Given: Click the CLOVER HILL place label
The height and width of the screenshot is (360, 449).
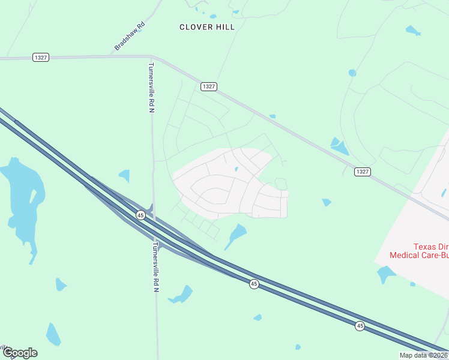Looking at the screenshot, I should (207, 27).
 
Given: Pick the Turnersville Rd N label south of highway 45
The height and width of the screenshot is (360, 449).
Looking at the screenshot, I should (155, 267).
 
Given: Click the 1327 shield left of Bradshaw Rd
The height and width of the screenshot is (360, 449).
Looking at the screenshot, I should (41, 57).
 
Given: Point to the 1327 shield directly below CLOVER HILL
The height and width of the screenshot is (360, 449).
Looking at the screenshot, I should (208, 86).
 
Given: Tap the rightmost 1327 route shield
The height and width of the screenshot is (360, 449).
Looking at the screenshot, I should (362, 172).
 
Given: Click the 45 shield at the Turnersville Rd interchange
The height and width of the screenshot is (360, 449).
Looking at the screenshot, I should (140, 215).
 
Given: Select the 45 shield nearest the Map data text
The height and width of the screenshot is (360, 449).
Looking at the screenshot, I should (360, 326).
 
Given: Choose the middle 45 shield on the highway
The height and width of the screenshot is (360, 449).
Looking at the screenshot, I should (254, 284).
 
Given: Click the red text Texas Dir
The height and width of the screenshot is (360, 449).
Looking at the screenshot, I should (430, 247).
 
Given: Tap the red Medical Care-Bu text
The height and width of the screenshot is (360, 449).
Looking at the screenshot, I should (419, 255).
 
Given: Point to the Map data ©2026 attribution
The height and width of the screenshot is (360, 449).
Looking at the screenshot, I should (423, 355).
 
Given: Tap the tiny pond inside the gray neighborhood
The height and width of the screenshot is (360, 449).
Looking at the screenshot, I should (237, 169).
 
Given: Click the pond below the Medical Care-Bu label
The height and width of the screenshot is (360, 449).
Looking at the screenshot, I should (386, 274).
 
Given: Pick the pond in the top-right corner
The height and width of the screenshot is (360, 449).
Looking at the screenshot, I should (413, 29).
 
